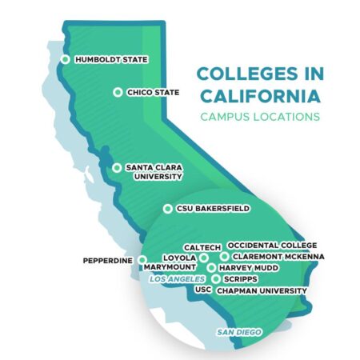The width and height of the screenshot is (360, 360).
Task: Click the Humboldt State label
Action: pos(111,60)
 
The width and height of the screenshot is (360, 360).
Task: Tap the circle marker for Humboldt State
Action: pos(66,60)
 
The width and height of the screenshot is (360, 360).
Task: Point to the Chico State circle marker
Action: pos(118,93)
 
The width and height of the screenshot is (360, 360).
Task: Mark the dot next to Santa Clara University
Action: pos(118,168)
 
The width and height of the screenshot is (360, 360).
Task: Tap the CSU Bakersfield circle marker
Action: pos(167,209)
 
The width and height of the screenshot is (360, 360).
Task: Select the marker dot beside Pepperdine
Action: pos(142,260)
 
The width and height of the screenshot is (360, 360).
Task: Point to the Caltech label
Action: pos(202,248)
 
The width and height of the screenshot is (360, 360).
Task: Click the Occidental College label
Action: pos(272,245)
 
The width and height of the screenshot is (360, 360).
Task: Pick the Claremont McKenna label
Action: pos(279,257)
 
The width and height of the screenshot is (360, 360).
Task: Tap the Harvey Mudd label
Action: pos(248,268)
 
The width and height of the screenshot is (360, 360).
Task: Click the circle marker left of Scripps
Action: pos(216,279)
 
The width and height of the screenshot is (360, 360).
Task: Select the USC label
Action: pos(203,290)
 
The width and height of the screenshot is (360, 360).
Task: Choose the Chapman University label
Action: pos(262,290)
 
